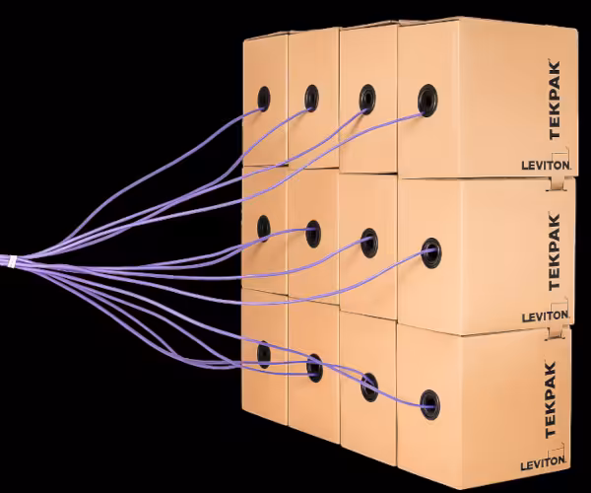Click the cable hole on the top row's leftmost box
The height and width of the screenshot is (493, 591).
pyautogui.click(x=264, y=97)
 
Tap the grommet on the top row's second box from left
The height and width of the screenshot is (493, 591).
pyautogui.click(x=311, y=97)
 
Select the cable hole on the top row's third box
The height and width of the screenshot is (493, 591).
pyautogui.click(x=367, y=98)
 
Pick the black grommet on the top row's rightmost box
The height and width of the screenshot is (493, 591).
pyautogui.click(x=428, y=99)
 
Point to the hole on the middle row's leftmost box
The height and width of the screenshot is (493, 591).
pyautogui.click(x=264, y=228)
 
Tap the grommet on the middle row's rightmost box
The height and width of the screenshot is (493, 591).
pyautogui.click(x=430, y=251)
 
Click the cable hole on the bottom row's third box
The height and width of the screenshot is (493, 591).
pyautogui.click(x=369, y=386)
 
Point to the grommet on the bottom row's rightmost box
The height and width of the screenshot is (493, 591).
pyautogui.click(x=429, y=402)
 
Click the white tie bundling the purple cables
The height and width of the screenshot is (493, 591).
pyautogui.click(x=12, y=263)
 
